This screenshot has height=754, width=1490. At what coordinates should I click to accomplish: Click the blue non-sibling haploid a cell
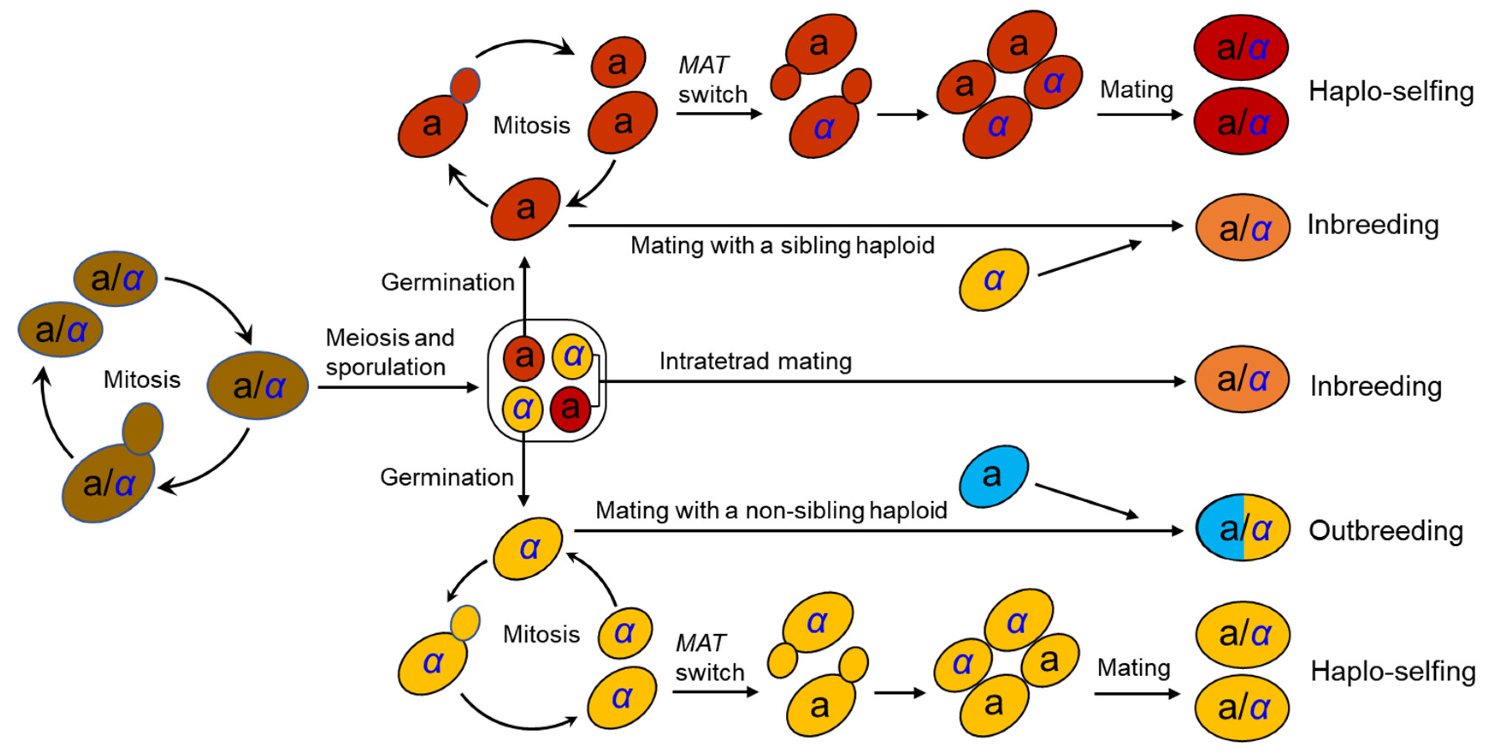coord(993,476)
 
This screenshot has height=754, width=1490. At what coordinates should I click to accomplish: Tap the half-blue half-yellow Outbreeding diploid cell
coord(1242,528)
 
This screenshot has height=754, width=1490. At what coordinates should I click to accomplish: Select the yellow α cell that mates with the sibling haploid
coord(993,280)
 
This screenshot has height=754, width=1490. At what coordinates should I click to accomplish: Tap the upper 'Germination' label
coord(447,282)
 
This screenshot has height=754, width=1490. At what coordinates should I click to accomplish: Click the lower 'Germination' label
coord(446,477)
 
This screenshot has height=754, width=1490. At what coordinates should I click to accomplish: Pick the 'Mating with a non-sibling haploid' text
coord(770,510)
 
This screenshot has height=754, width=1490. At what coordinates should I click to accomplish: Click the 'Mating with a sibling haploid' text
coord(782,245)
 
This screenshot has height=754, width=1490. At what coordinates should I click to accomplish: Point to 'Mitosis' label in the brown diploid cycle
coord(142,380)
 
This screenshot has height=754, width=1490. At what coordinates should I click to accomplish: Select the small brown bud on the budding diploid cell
coord(142,428)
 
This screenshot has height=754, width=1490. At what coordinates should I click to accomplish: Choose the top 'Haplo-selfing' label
coord(1390,92)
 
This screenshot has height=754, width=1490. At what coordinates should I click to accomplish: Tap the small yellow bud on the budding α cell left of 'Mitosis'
coord(465,622)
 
